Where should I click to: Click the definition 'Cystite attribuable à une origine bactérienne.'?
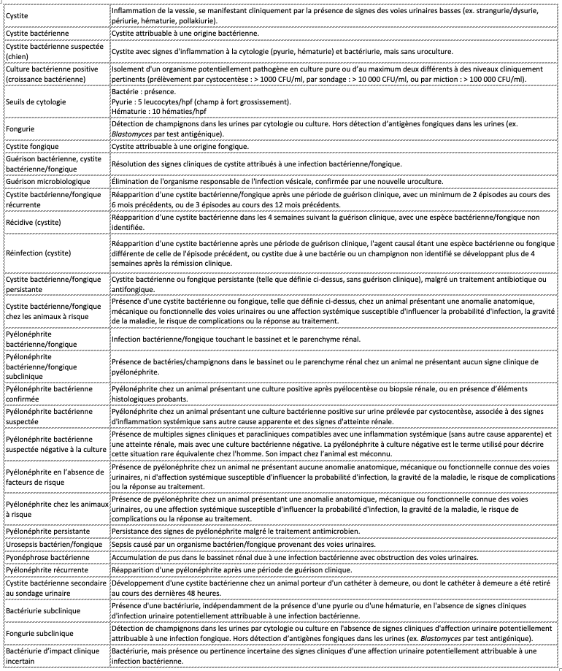184,34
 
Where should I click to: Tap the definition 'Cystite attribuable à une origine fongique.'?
180,147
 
